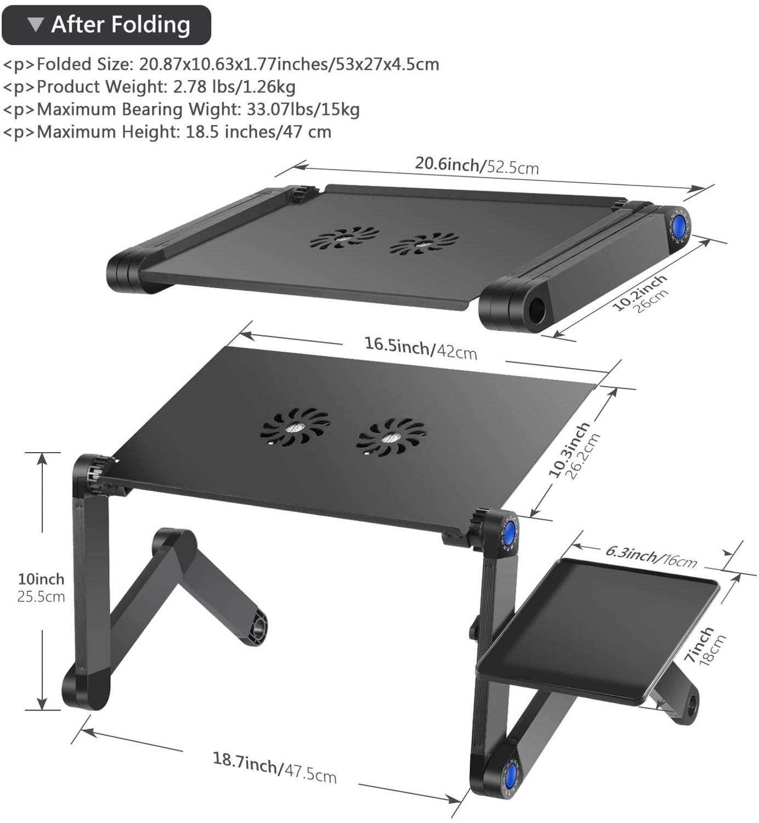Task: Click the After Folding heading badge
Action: (x=106, y=25)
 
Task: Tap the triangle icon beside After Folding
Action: (x=36, y=24)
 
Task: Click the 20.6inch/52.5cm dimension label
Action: (x=476, y=165)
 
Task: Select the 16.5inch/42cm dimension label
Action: (x=421, y=348)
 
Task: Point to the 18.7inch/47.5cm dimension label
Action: (x=274, y=767)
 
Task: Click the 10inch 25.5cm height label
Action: (x=41, y=588)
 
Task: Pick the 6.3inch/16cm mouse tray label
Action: (x=651, y=556)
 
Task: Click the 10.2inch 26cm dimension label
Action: (x=641, y=295)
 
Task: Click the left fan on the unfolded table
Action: (x=295, y=426)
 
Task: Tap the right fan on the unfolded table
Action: (x=391, y=437)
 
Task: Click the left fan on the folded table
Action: (x=344, y=238)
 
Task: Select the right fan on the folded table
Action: (x=424, y=244)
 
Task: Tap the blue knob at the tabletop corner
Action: (x=510, y=532)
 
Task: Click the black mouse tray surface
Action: (x=598, y=631)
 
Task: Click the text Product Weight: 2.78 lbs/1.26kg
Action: (x=149, y=87)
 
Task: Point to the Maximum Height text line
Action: (x=167, y=132)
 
